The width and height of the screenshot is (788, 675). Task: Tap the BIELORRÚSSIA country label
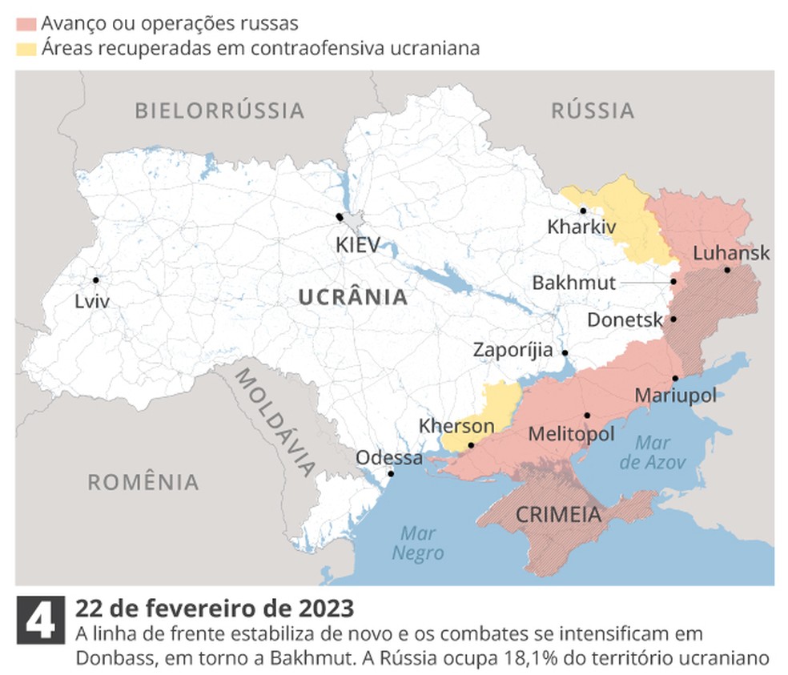coord(219,110)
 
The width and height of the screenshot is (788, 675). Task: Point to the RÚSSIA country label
coord(593,110)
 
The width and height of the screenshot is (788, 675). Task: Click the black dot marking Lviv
coord(96,279)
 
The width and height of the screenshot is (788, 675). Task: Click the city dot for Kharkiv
coord(583,211)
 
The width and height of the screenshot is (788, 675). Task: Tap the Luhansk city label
coord(731,253)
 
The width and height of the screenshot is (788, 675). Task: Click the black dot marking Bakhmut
coord(674,282)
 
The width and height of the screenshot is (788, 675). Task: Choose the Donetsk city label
coord(625,320)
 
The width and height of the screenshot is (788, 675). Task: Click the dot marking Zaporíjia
coord(565,352)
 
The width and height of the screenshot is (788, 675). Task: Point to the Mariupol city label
coord(675,395)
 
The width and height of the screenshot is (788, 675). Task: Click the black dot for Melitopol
coord(587,415)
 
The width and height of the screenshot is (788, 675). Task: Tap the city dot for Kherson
coord(471,445)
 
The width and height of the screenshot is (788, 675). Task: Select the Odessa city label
coord(389,458)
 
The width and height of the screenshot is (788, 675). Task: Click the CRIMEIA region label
coord(558,515)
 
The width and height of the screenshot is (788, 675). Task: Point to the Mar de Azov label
coord(653,452)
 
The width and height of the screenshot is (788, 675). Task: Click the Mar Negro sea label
coord(417,543)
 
